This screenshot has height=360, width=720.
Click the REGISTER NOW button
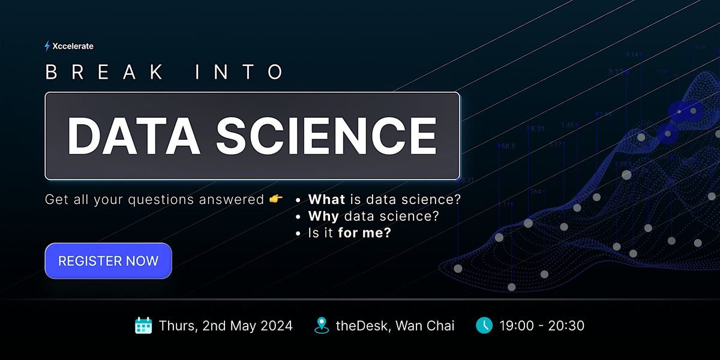click(108, 261)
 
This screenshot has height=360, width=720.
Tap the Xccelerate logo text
click(73, 46)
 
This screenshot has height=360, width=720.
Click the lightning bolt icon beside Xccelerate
click(47, 46)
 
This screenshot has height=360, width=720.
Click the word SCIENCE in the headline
click(326, 135)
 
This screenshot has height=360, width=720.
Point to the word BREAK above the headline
click(104, 73)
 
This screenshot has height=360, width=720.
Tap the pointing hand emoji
click(275, 199)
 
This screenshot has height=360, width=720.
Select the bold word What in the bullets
click(326, 199)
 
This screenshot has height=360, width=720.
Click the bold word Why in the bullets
click(323, 216)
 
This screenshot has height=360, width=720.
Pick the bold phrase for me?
click(364, 233)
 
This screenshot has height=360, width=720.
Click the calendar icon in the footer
click(143, 326)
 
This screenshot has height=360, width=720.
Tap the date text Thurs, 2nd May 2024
click(226, 326)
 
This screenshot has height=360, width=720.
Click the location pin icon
click(322, 326)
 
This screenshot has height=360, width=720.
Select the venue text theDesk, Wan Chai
click(395, 326)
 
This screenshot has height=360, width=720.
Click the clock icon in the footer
click(484, 326)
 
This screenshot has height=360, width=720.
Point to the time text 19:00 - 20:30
click(542, 326)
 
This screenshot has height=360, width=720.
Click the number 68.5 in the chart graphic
click(508, 146)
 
